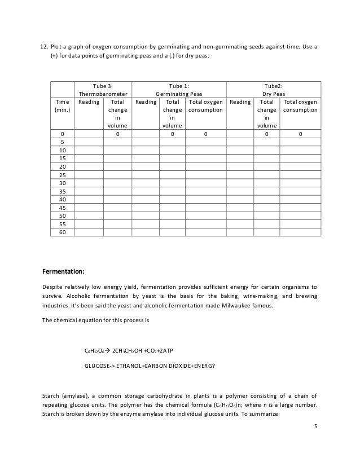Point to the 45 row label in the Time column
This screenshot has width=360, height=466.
point(62,207)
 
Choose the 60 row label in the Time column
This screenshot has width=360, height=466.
point(62,231)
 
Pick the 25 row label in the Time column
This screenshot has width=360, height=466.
point(62,175)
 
